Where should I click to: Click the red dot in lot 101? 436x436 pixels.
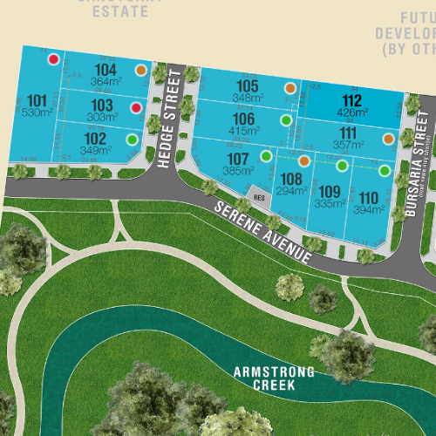click(53, 59)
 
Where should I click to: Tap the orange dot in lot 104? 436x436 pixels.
click(141, 70)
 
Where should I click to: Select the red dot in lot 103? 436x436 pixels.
click(136, 108)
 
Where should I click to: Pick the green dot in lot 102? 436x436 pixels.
click(132, 139)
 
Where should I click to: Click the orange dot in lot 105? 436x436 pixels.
click(290, 87)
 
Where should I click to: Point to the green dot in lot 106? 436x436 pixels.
click(285, 119)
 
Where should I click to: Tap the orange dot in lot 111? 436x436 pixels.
click(389, 139)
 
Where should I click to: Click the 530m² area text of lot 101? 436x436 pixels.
click(37, 113)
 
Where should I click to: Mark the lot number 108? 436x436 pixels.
click(292, 179)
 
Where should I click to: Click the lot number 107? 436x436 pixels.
click(238, 159)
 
